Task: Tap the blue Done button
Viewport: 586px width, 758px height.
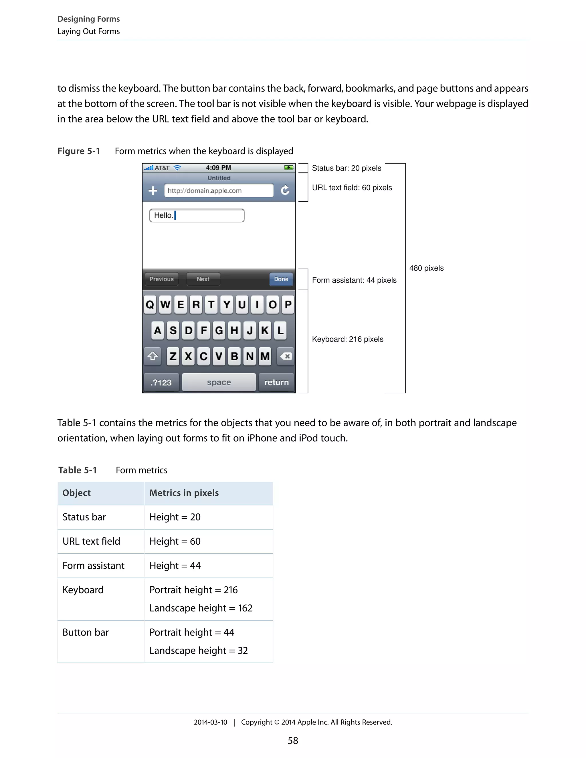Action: (281, 279)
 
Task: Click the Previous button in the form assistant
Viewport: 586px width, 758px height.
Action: (161, 279)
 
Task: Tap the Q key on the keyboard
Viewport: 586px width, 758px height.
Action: (150, 304)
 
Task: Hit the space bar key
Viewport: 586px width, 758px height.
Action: (219, 382)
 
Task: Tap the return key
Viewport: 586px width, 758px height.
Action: (276, 382)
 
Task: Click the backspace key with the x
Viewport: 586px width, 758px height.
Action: (286, 356)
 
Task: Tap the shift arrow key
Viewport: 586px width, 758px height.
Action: (153, 356)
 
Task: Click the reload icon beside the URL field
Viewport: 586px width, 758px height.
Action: (285, 190)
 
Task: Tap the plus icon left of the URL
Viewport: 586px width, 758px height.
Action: (153, 190)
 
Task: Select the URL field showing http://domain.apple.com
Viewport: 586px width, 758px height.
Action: (219, 191)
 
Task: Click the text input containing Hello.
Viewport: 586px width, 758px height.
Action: (197, 216)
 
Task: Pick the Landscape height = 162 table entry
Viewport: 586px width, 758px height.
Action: (201, 608)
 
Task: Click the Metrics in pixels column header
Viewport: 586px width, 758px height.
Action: (184, 493)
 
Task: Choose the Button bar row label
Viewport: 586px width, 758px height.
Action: (85, 632)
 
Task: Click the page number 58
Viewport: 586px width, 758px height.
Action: (293, 741)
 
